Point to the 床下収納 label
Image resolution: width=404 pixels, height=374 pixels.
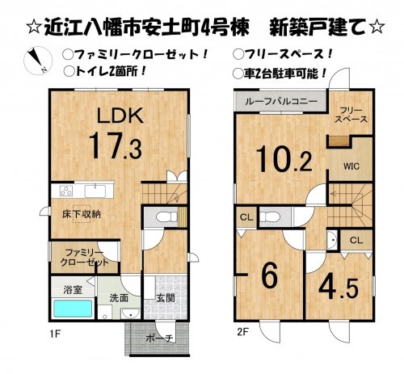point(82,213)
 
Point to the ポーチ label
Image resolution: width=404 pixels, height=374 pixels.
point(159,338)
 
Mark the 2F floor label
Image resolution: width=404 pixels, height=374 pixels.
point(241,332)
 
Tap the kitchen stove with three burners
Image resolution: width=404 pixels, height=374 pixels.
point(65,191)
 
